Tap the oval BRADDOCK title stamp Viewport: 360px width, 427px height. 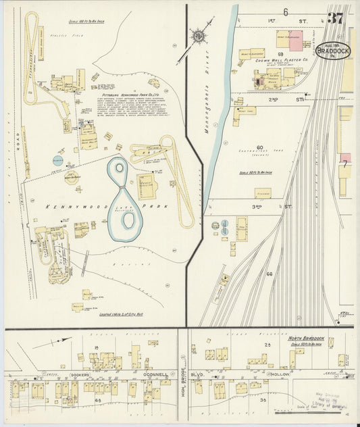332,51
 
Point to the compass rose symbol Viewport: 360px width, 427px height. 198,36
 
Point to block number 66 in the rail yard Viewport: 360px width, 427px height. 269,274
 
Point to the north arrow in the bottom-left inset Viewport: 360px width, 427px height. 51,342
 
